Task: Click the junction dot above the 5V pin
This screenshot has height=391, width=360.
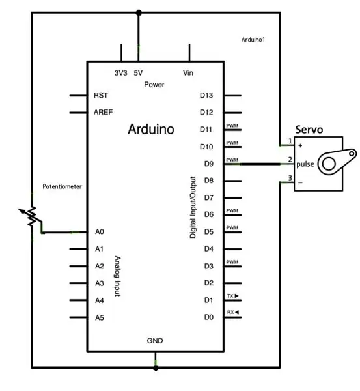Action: pyautogui.click(x=139, y=12)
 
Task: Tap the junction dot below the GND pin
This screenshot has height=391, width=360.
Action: pyautogui.click(x=156, y=368)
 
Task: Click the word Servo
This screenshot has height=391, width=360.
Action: pyautogui.click(x=309, y=130)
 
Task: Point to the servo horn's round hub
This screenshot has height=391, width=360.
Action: pyautogui.click(x=329, y=164)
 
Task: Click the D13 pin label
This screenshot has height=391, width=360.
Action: pyautogui.click(x=206, y=95)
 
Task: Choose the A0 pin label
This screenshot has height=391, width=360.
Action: pyautogui.click(x=100, y=231)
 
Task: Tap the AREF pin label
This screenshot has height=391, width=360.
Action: pyautogui.click(x=103, y=112)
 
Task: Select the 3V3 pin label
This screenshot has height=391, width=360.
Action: pyautogui.click(x=121, y=73)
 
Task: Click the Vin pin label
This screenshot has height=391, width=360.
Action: pyautogui.click(x=188, y=73)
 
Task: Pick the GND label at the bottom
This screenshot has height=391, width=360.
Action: pyautogui.click(x=155, y=341)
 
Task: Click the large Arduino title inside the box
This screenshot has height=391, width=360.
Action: pyautogui.click(x=151, y=129)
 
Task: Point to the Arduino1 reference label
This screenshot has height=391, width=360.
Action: pyautogui.click(x=253, y=40)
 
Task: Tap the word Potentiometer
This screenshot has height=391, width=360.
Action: pyautogui.click(x=62, y=186)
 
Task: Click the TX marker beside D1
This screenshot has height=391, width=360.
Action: pyautogui.click(x=233, y=296)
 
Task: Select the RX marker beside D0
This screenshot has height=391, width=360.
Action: pyautogui.click(x=233, y=312)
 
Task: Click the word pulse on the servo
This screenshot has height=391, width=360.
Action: pyautogui.click(x=305, y=164)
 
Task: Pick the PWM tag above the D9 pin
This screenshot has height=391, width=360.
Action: pyautogui.click(x=232, y=160)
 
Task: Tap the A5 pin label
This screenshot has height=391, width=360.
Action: pyautogui.click(x=100, y=317)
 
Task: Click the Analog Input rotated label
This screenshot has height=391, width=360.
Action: pyautogui.click(x=118, y=276)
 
